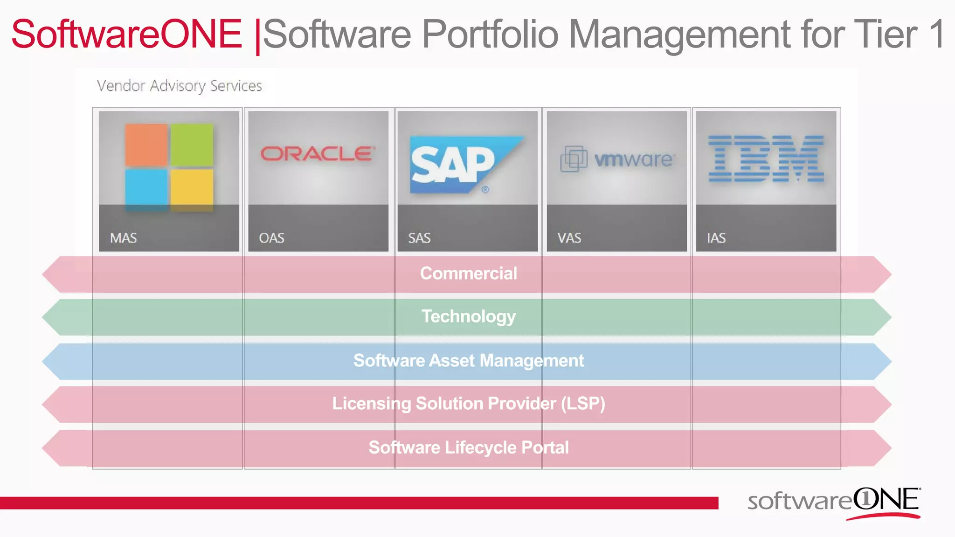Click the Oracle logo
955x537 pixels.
click(x=318, y=154)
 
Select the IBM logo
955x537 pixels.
click(x=766, y=158)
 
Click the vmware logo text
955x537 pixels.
click(x=633, y=159)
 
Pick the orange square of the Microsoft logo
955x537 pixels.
click(x=146, y=145)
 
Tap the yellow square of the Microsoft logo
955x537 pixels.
click(x=192, y=190)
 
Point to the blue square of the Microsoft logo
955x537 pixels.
click(x=146, y=190)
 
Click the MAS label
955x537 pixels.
click(x=124, y=238)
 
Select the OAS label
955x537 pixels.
click(x=271, y=238)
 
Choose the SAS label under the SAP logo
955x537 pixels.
click(x=419, y=238)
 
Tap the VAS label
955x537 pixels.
click(x=569, y=238)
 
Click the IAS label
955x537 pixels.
click(x=716, y=238)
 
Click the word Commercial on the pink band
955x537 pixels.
click(x=469, y=274)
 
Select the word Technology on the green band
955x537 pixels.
click(x=469, y=317)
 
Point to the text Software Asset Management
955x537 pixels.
click(x=469, y=361)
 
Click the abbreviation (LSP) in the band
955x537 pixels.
click(x=582, y=404)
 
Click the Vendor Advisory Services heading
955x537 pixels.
click(x=180, y=86)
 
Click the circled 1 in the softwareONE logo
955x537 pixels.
click(x=865, y=499)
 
